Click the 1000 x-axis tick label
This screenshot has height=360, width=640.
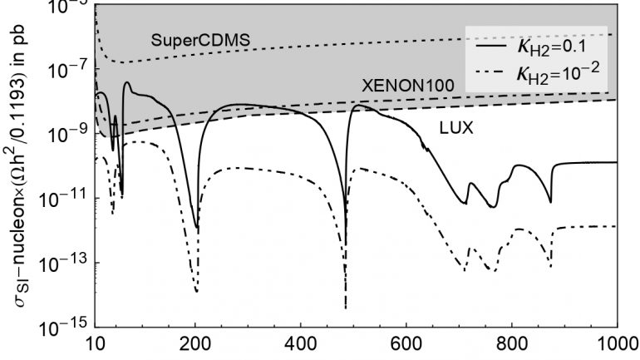point(615,343)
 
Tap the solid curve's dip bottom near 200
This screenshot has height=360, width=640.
point(197,227)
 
